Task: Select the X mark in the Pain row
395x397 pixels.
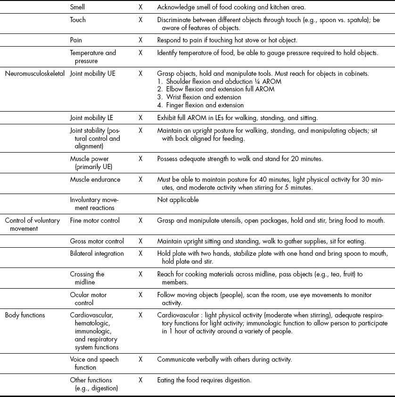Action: (x=140, y=41)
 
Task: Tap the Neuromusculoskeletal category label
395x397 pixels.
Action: (x=35, y=73)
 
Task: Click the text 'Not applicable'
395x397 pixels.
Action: (x=178, y=200)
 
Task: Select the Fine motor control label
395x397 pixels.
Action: (x=95, y=220)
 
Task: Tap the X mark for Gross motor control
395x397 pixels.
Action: (x=140, y=241)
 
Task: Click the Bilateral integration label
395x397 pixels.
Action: (x=97, y=253)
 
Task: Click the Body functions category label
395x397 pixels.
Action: (x=25, y=315)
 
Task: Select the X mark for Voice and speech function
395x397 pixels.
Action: (x=140, y=359)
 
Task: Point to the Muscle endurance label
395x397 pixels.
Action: (x=95, y=179)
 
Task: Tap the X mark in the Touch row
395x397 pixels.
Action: (x=140, y=20)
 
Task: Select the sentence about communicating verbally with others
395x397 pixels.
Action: (x=224, y=359)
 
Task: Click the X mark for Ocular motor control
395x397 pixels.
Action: (x=140, y=295)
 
